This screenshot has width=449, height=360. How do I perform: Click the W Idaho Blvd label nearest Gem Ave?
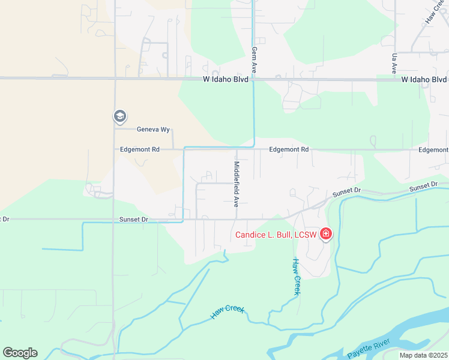click(x=226, y=79)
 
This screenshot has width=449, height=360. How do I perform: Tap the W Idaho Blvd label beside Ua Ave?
click(x=424, y=79)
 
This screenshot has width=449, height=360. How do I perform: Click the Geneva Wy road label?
click(x=149, y=129)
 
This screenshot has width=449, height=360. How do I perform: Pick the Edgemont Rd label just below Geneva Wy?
click(x=140, y=149)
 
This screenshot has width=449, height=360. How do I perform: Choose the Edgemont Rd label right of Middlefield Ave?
click(x=289, y=149)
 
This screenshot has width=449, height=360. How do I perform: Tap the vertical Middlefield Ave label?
click(x=237, y=183)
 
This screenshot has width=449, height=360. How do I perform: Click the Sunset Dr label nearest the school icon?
click(x=133, y=220)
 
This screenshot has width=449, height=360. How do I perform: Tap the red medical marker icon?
click(x=326, y=233)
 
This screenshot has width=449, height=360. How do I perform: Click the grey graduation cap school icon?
click(x=119, y=116)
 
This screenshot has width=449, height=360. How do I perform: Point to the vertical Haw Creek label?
click(x=296, y=277)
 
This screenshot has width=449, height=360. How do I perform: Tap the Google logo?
click(x=20, y=353)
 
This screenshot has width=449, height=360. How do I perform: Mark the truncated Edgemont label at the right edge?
click(x=433, y=150)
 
